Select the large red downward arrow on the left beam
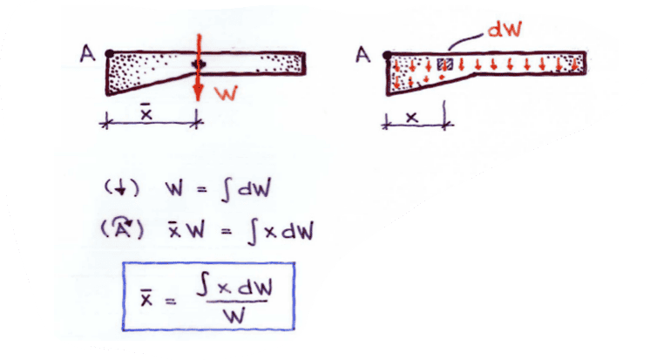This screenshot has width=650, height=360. (x=199, y=70)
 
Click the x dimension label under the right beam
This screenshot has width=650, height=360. (x=413, y=113)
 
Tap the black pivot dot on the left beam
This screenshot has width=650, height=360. (x=107, y=54)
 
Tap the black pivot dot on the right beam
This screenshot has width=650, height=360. (x=386, y=54)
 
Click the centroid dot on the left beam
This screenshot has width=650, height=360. (x=200, y=64)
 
